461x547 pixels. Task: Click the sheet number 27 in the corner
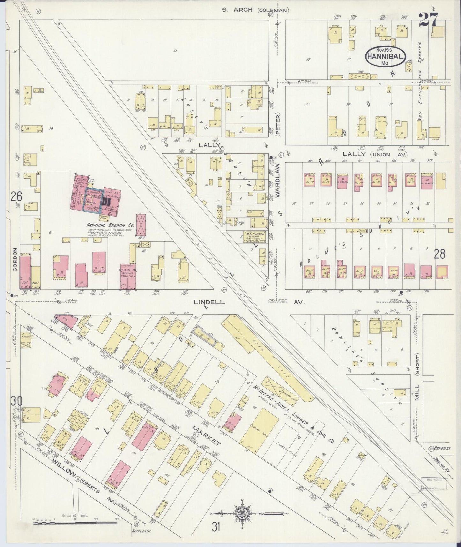[428, 20]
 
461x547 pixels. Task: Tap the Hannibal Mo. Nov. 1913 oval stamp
[386, 56]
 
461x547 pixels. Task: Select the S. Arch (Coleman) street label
[256, 10]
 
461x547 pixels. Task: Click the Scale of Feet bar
[75, 523]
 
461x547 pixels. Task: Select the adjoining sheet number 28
[439, 254]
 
